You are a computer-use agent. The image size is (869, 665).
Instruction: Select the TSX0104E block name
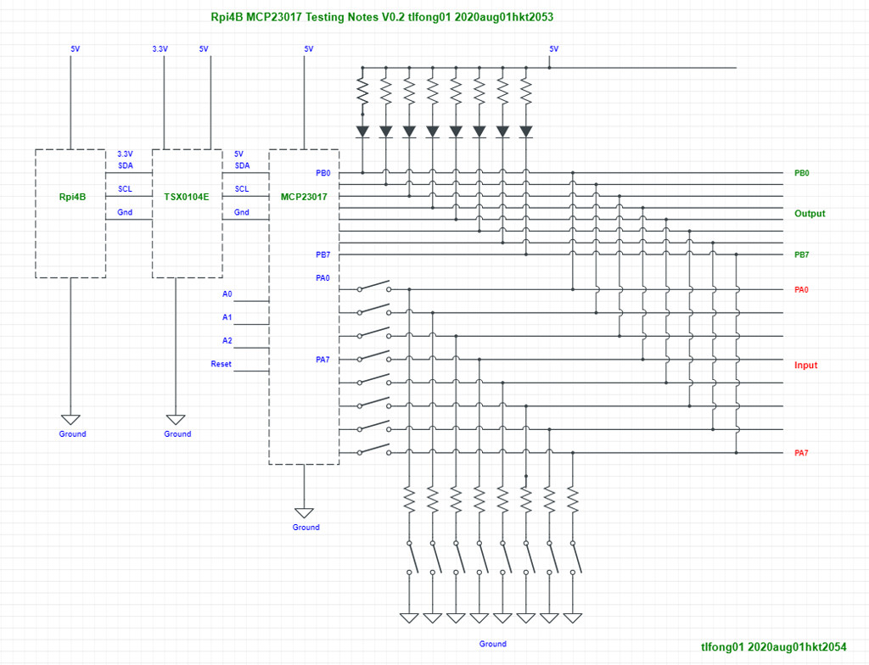click(186, 197)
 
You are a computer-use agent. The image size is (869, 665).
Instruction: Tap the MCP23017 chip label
click(304, 197)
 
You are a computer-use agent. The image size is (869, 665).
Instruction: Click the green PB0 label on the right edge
click(801, 173)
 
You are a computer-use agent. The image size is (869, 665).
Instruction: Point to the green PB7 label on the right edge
click(801, 254)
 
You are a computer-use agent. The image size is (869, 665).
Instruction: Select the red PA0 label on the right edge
click(801, 289)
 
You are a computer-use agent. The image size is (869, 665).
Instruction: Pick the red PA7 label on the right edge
click(801, 453)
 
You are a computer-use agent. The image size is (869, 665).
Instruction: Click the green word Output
click(809, 214)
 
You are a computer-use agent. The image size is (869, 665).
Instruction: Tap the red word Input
click(805, 366)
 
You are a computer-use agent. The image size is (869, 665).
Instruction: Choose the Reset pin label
click(221, 364)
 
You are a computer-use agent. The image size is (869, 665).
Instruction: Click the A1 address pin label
click(227, 317)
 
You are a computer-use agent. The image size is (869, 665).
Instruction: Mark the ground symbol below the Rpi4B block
click(70, 419)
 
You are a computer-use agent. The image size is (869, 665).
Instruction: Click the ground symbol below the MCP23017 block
click(304, 512)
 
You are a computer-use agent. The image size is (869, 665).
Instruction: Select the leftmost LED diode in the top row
click(362, 131)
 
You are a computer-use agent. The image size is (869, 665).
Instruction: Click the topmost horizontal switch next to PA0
click(374, 286)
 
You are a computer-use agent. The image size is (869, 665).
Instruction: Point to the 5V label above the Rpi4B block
click(76, 49)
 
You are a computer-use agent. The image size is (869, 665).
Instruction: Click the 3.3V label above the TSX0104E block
click(160, 49)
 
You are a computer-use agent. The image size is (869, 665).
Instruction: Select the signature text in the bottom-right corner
click(773, 646)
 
